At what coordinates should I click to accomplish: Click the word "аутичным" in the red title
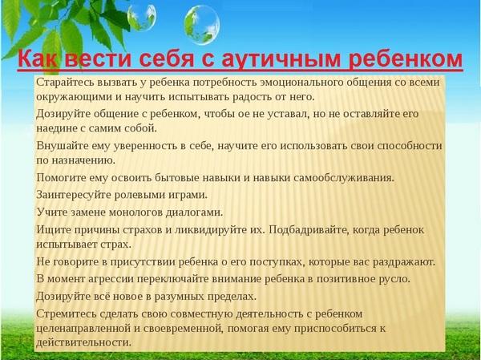tap(281, 59)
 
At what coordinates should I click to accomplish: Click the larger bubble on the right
tap(202, 25)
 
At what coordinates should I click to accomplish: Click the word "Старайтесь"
tap(66, 83)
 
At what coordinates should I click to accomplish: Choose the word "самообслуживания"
tap(344, 178)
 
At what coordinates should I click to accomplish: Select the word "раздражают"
tap(404, 262)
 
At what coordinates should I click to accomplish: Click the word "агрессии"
tap(111, 279)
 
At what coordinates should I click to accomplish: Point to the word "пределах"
tap(232, 297)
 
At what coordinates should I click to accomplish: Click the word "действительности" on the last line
tap(83, 342)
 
